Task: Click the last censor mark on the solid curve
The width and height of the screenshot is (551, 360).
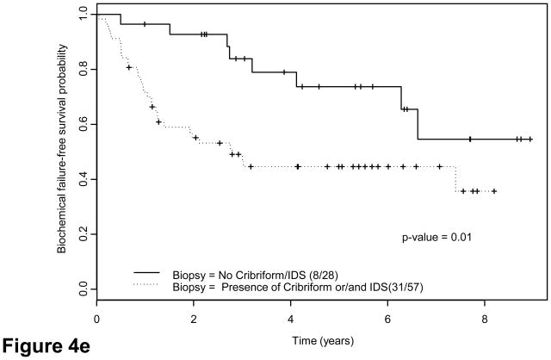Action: click(x=529, y=139)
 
